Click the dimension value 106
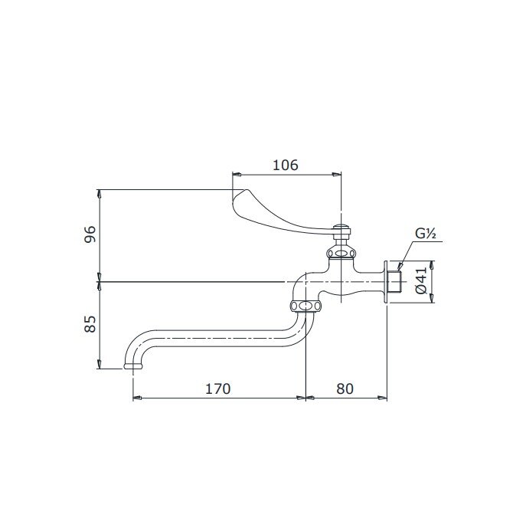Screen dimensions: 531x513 [x=285, y=165]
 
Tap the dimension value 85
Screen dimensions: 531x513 [x=90, y=324]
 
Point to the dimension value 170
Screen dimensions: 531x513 [x=217, y=388]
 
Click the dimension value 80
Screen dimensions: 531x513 [x=345, y=388]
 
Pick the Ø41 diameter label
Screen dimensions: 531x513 [x=421, y=281]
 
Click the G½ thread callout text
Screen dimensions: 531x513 [x=426, y=234]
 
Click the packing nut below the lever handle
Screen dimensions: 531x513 [x=339, y=252]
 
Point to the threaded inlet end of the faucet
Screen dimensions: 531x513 [x=394, y=281]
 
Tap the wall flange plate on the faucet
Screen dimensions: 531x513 [x=384, y=281]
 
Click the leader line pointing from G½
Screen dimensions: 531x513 [x=404, y=255]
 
